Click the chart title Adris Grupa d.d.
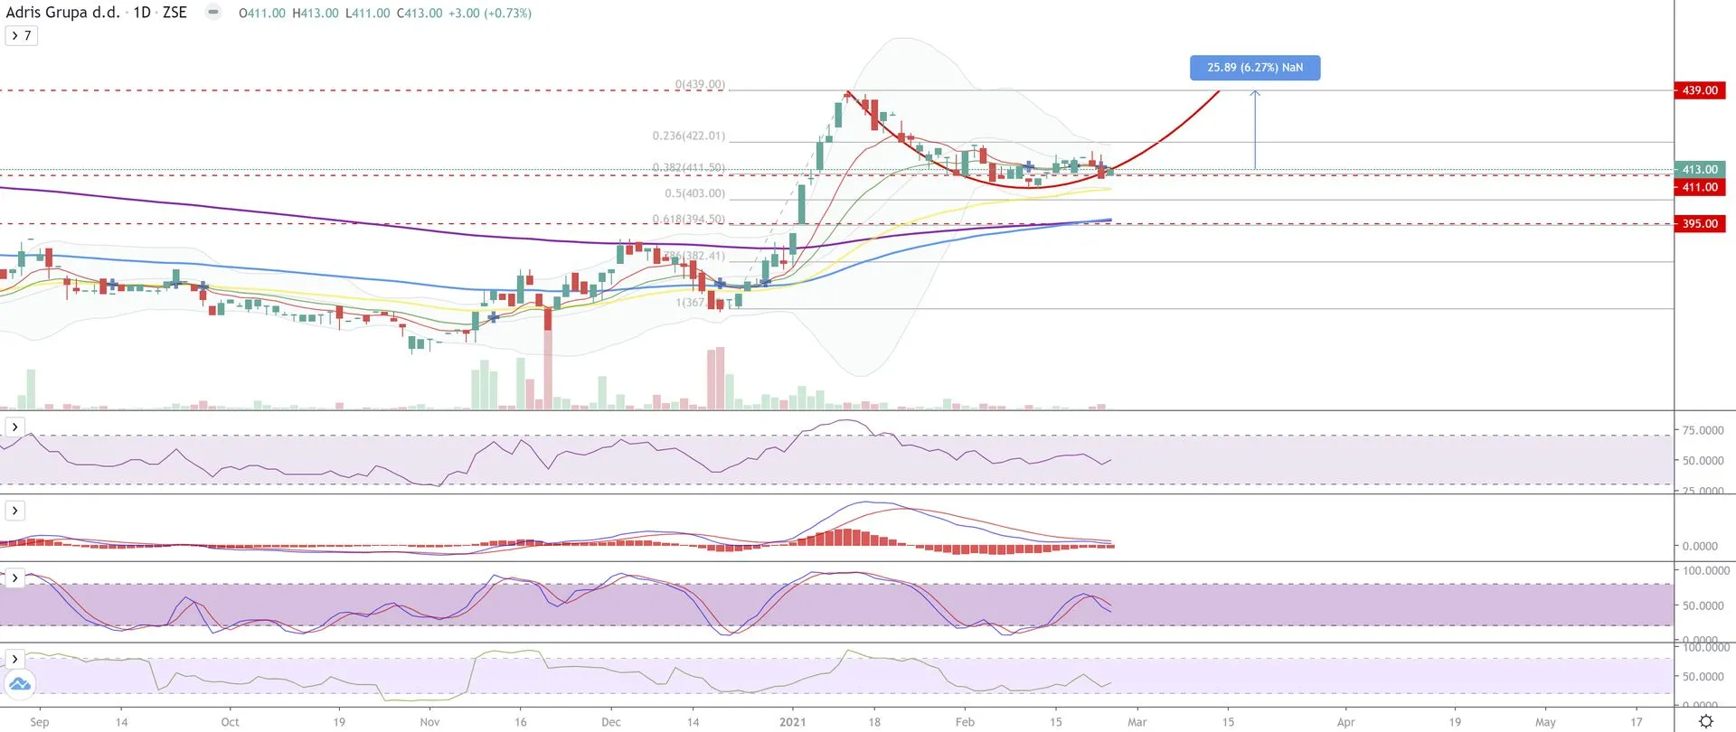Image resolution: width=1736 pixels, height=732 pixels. click(x=62, y=13)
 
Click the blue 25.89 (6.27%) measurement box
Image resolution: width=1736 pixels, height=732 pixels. click(x=1254, y=68)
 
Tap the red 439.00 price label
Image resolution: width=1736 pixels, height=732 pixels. click(x=1699, y=90)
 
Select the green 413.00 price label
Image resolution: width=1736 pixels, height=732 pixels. click(x=1699, y=169)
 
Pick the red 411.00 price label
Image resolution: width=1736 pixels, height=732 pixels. click(x=1699, y=187)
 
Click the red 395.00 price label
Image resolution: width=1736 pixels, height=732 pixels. click(x=1699, y=223)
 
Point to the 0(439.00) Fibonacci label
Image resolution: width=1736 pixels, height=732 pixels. click(x=700, y=85)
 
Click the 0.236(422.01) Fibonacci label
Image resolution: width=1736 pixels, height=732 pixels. click(x=688, y=136)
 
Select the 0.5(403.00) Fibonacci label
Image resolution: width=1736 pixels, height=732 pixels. click(x=694, y=193)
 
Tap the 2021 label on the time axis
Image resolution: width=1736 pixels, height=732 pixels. click(x=792, y=722)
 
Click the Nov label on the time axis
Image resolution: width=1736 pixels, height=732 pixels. click(x=429, y=722)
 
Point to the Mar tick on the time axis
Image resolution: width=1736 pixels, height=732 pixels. click(x=1137, y=722)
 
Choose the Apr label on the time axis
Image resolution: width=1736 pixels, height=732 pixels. click(x=1345, y=722)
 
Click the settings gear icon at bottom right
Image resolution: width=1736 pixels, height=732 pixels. click(x=1705, y=721)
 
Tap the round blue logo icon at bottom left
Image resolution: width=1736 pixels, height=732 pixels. click(x=19, y=685)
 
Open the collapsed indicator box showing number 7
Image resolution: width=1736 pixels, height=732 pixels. click(x=21, y=35)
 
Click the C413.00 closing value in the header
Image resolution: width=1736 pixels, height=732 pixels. click(x=420, y=14)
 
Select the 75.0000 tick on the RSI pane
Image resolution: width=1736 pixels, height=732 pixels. click(x=1703, y=430)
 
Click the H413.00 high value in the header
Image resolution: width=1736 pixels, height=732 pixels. click(x=316, y=14)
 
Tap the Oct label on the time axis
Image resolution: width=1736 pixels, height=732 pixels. click(x=230, y=722)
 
